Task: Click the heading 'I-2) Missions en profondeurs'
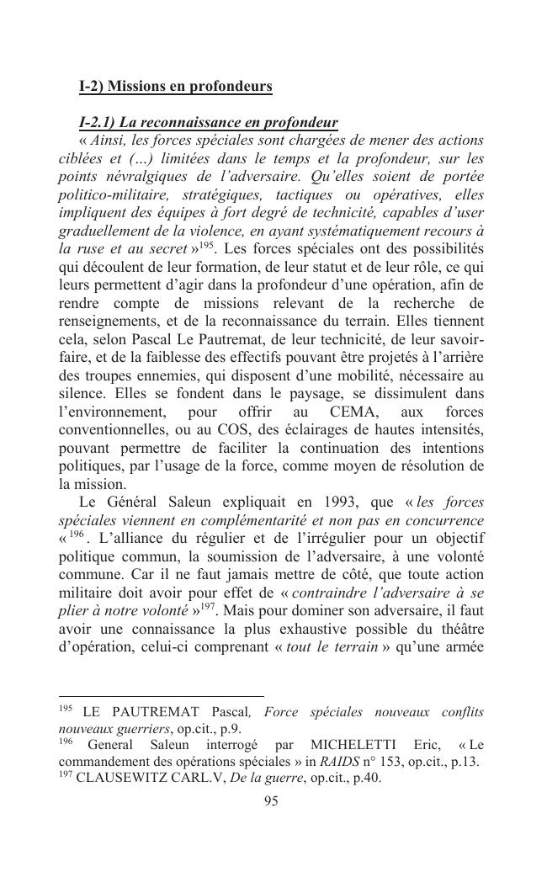point(175,87)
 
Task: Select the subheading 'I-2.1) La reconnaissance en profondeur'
point(208,122)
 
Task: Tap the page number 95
point(271,800)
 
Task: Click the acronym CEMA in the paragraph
point(333,412)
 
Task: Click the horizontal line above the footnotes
point(161,696)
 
